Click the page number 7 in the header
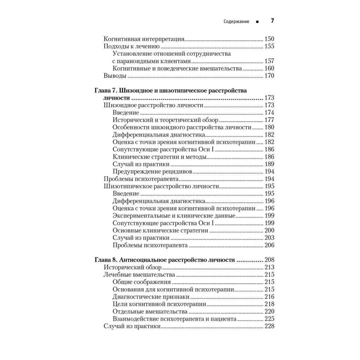click(272, 21)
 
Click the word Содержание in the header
click(237, 22)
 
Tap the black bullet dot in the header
click(257, 22)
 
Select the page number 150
click(269, 39)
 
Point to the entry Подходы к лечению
click(131, 46)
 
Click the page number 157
click(269, 61)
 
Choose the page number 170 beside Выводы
click(269, 76)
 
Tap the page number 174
click(269, 113)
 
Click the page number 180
click(269, 127)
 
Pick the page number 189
click(269, 164)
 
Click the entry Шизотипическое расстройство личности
click(161, 186)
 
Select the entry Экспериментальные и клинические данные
click(174, 216)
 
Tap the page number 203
click(269, 238)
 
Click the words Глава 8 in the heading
click(105, 260)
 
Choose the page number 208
click(269, 260)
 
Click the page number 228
click(269, 326)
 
